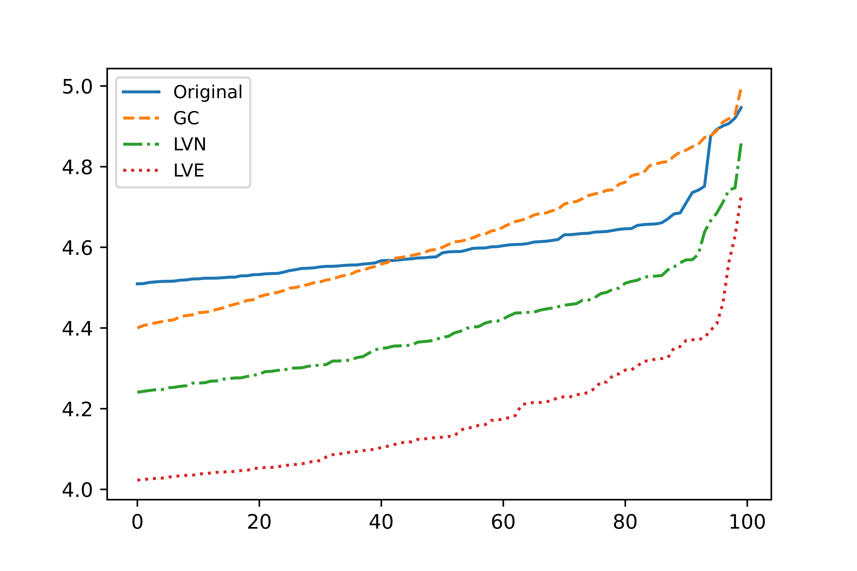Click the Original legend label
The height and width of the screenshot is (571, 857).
tap(208, 92)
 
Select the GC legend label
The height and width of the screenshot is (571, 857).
tap(186, 118)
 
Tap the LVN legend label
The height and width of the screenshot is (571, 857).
tap(189, 145)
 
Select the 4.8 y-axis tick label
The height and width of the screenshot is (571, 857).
tap(77, 167)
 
